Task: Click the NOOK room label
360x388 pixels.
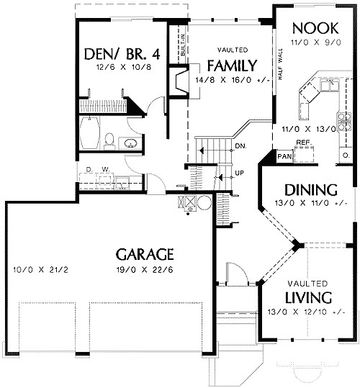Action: coord(315,28)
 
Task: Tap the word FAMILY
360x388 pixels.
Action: coord(232,66)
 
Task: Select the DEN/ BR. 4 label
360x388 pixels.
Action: coord(122,54)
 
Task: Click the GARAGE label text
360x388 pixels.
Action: coord(145,254)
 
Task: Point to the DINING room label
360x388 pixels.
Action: coord(311,190)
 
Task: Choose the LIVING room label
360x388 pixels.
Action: coord(309,297)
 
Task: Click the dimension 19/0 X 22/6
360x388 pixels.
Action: coord(145,269)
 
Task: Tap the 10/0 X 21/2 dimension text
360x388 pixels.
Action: coord(40,269)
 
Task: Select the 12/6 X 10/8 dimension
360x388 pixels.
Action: coord(124,67)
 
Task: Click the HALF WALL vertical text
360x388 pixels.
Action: coord(280,64)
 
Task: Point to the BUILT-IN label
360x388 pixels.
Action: coord(183,45)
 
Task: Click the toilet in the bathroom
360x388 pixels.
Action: coord(109,141)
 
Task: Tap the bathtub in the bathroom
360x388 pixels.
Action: coord(90,132)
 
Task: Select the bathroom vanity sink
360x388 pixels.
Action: coord(130,143)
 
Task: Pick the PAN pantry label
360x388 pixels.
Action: coord(284,156)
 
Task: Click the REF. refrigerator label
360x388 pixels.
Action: coord(304,143)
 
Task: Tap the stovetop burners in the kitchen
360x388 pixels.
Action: coord(344,121)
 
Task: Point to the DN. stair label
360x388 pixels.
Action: coord(240,146)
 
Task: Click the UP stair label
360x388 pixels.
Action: coord(239,173)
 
